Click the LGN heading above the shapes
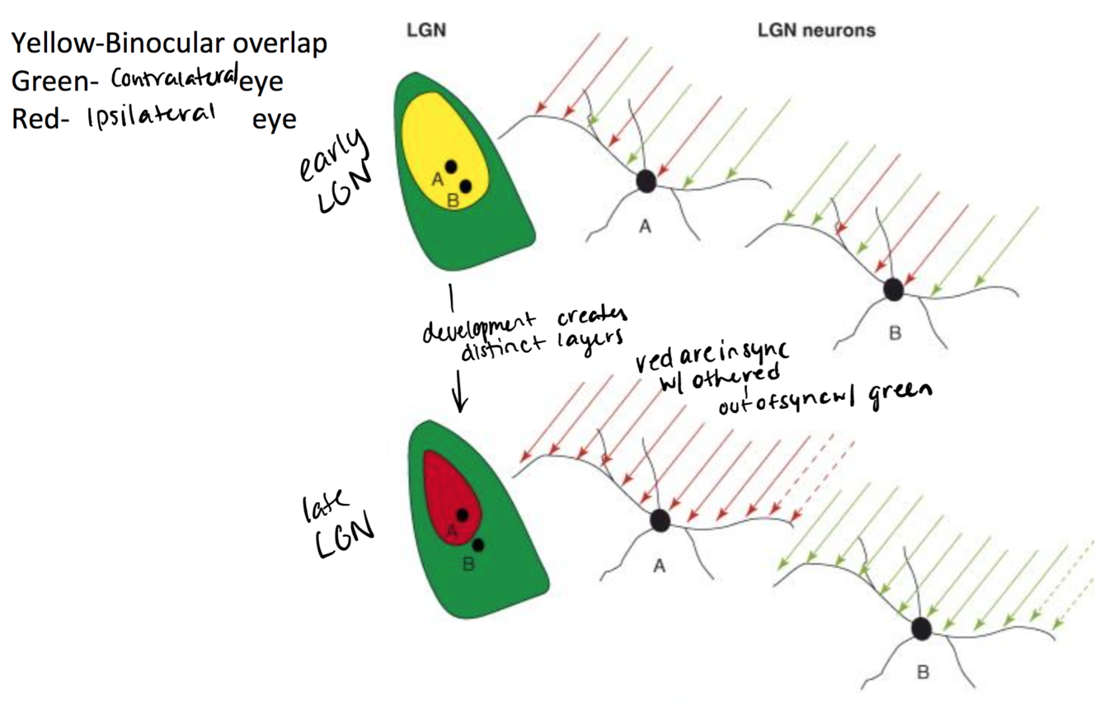(425, 31)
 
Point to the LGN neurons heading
(816, 31)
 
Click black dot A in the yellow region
(450, 167)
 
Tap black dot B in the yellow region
(465, 186)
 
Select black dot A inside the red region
(463, 515)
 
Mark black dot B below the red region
(477, 544)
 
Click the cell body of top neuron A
(646, 181)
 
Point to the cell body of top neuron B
(893, 289)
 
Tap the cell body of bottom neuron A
(659, 520)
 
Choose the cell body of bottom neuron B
(921, 629)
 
